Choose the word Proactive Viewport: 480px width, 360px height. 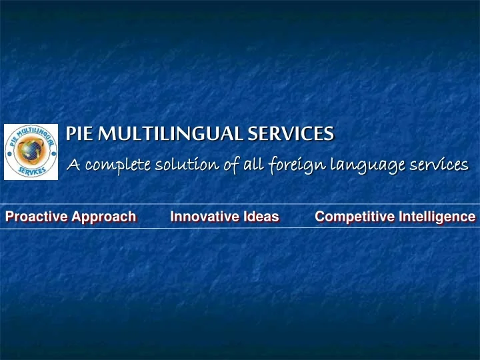point(32,216)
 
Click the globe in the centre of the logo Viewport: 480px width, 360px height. point(31,152)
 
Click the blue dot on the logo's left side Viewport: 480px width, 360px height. point(9,153)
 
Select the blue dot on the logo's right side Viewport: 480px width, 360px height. point(53,153)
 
